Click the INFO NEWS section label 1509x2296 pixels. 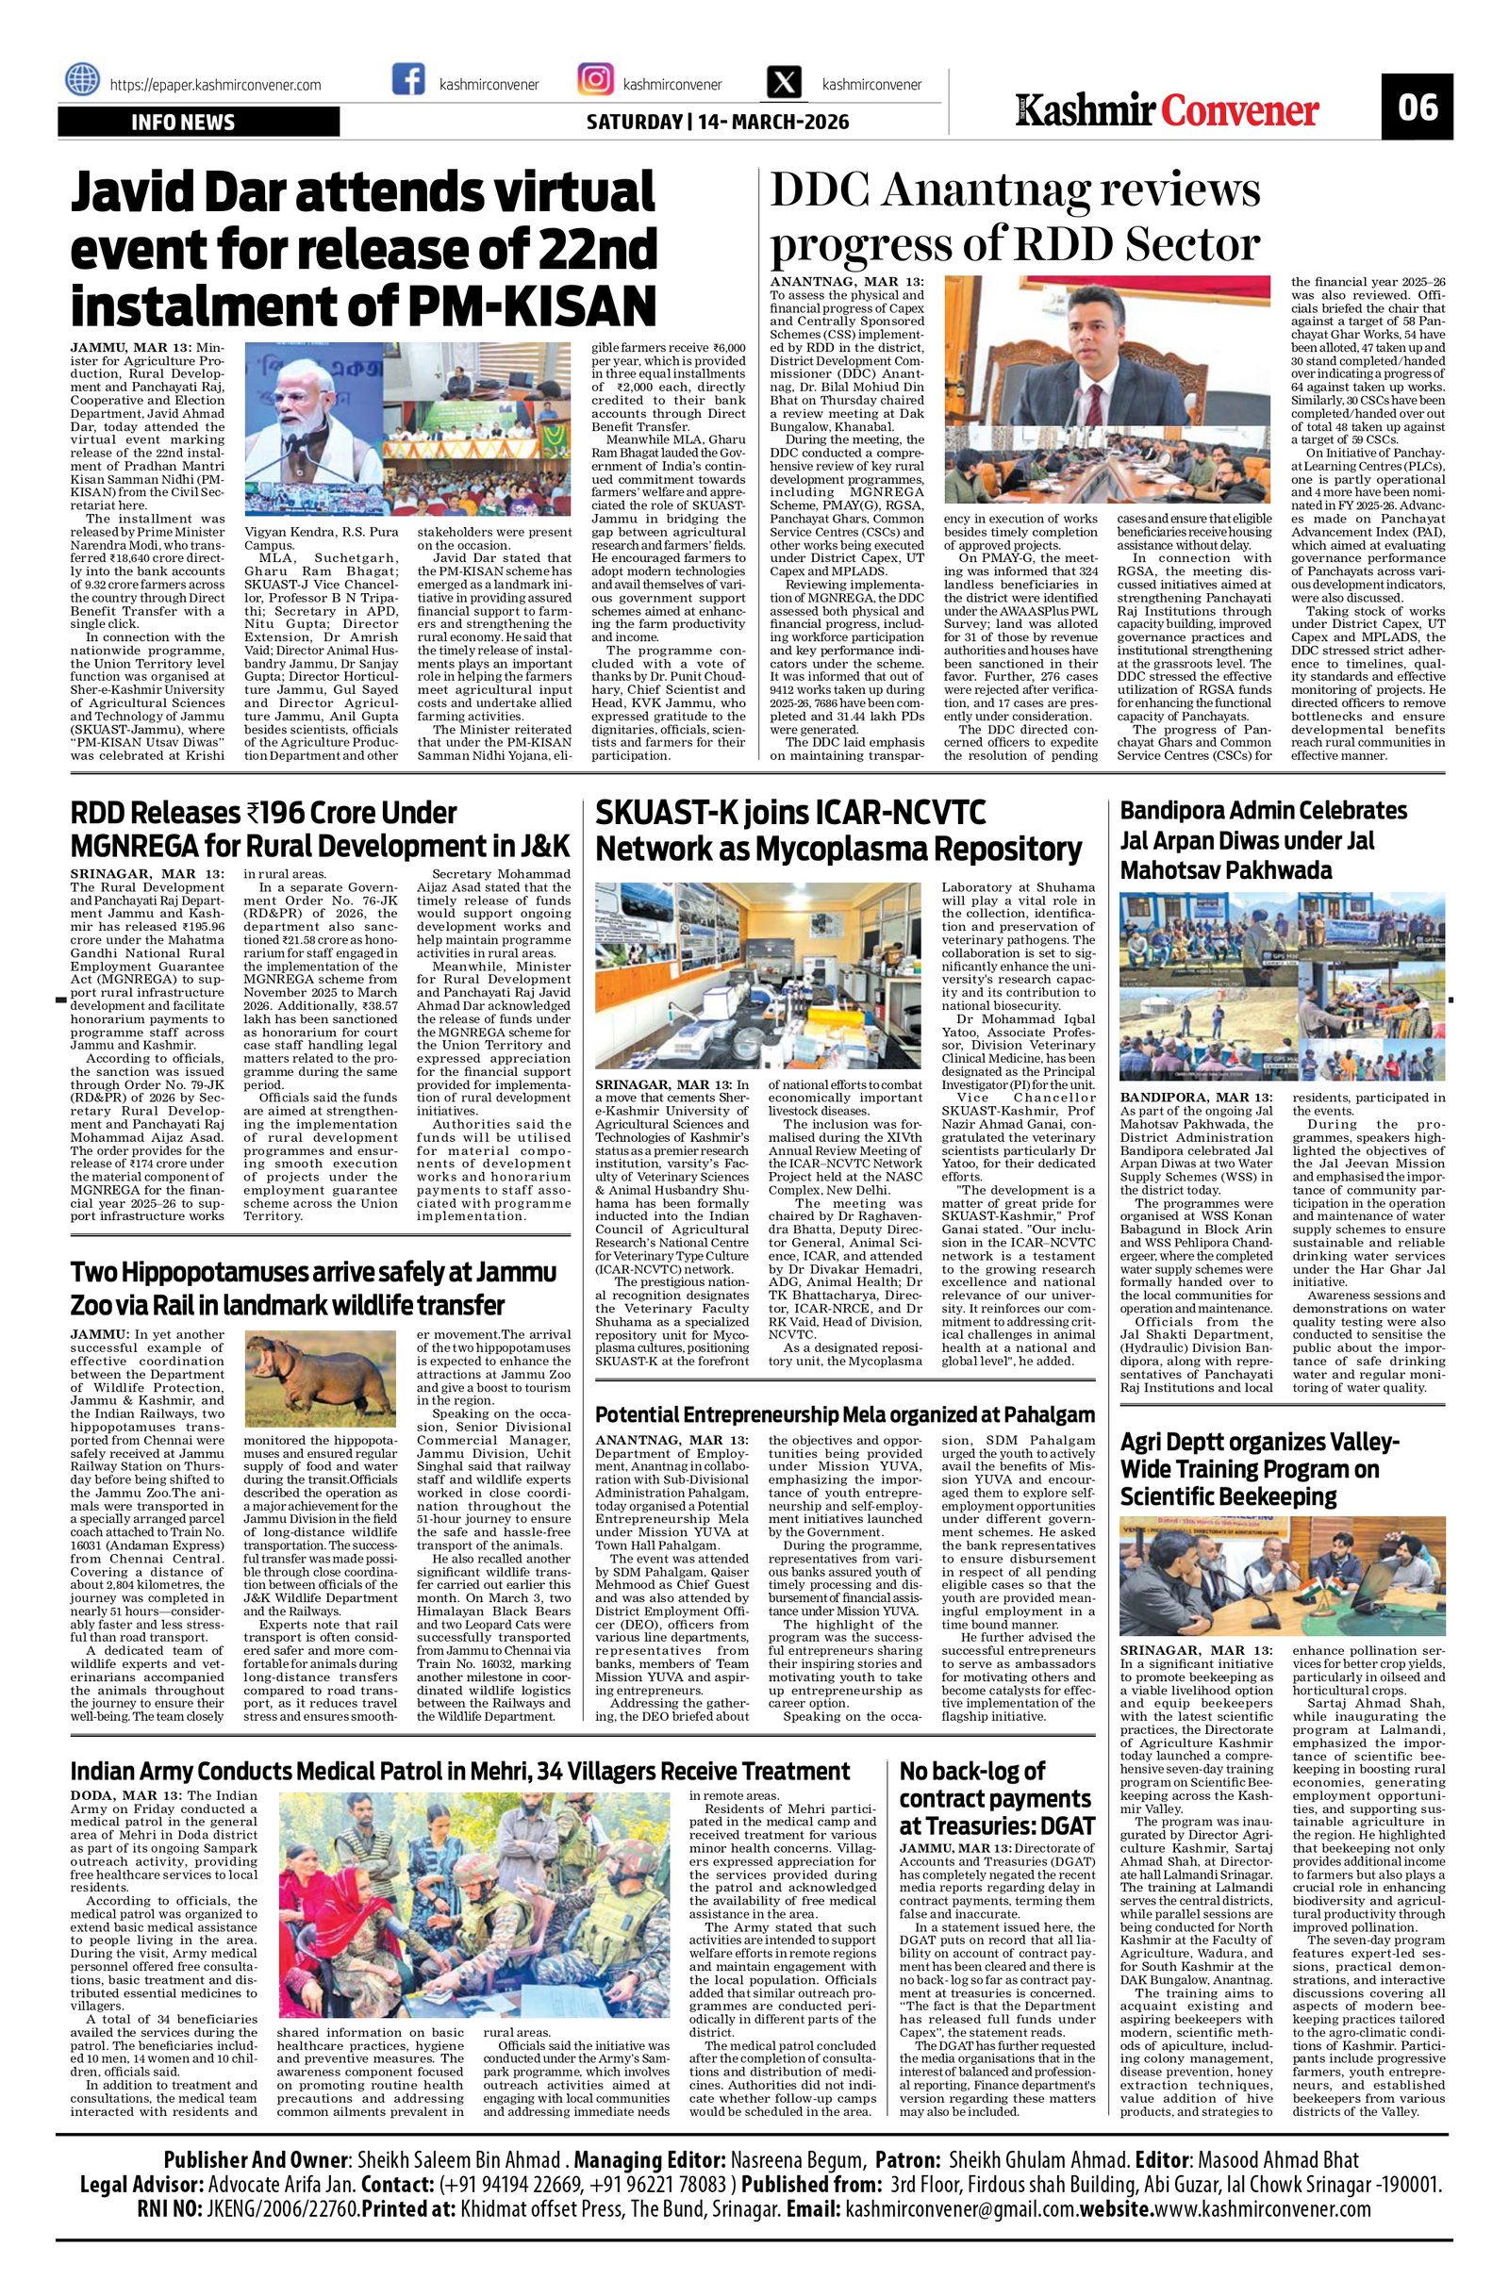(183, 123)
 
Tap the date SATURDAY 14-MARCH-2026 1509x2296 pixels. (718, 123)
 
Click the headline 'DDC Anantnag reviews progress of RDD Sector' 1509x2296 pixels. (1013, 217)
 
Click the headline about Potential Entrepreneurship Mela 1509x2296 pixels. (844, 1414)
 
